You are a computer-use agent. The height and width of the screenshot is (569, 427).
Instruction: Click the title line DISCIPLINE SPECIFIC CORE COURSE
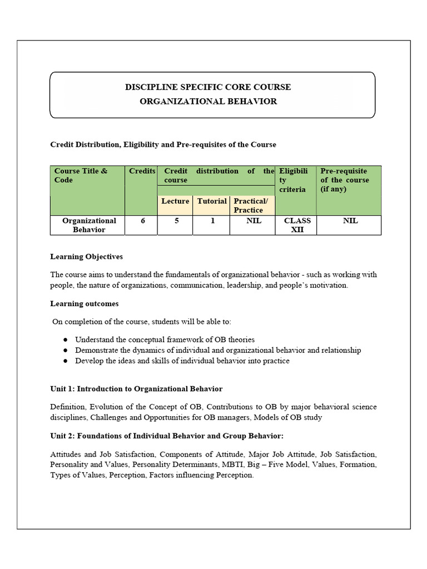tap(208, 87)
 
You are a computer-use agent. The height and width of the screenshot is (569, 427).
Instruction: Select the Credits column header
tap(142, 171)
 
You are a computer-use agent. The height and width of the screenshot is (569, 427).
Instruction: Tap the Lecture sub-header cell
tap(175, 201)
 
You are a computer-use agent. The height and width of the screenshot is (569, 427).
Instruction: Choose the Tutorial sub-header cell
tap(212, 201)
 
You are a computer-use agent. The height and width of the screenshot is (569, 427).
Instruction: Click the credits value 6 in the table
tap(143, 221)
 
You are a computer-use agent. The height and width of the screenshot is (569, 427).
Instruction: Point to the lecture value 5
tap(176, 221)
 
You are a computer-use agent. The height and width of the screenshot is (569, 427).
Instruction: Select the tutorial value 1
tap(212, 221)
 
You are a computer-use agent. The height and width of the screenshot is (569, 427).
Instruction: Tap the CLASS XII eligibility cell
tap(297, 225)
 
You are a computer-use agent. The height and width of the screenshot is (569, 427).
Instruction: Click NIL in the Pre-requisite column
tap(350, 221)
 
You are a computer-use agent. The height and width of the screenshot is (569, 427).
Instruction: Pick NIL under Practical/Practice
tap(254, 221)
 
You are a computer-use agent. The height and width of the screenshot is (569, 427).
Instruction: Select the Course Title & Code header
tap(81, 176)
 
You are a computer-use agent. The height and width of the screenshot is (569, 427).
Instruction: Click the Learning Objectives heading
tap(86, 257)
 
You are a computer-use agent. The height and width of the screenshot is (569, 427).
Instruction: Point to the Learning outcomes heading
tap(84, 304)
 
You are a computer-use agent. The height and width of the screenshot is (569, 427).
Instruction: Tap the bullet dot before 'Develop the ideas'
tap(65, 361)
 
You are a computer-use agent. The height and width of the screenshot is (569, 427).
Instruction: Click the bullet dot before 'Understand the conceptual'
tap(65, 340)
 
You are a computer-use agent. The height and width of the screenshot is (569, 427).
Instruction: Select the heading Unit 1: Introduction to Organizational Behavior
tap(136, 388)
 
